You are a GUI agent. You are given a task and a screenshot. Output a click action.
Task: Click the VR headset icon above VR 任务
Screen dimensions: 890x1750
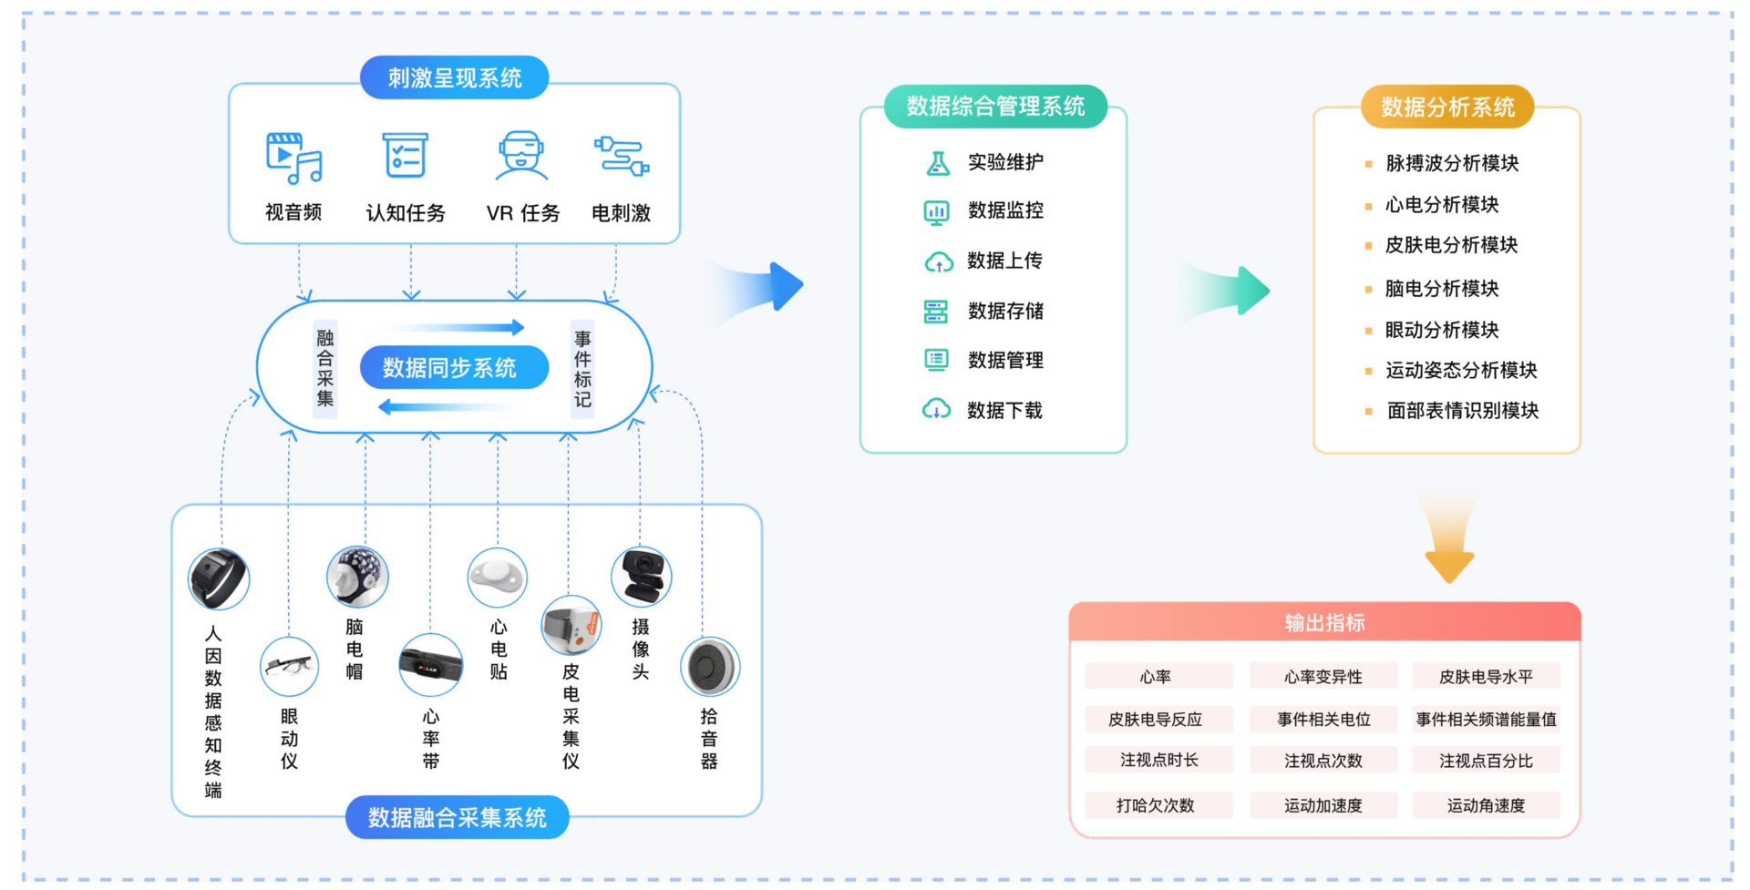(520, 156)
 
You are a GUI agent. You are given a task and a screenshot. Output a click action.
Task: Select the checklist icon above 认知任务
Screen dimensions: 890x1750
(405, 156)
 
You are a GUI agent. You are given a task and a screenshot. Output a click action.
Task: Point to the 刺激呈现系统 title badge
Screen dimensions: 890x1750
(454, 78)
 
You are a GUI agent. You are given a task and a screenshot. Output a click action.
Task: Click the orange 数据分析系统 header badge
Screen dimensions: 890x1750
(1446, 107)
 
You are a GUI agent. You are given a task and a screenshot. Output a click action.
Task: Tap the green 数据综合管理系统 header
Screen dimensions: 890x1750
(995, 107)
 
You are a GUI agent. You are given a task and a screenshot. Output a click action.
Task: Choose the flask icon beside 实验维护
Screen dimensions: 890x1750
(937, 163)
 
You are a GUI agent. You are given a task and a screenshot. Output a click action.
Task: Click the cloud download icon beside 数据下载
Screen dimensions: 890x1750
(936, 410)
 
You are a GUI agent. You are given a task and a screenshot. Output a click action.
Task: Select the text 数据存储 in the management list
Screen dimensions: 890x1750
(1005, 312)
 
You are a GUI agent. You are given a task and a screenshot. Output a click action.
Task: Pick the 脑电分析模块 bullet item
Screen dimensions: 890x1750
(1441, 289)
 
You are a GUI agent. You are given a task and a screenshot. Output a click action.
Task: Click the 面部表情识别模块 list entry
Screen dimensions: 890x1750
(1462, 411)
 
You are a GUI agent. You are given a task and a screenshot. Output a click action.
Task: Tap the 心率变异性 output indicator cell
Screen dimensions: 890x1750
(1323, 677)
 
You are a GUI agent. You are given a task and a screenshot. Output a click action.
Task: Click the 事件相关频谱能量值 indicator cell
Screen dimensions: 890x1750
(1486, 720)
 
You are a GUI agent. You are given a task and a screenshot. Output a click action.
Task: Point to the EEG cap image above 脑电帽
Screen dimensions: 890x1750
(357, 577)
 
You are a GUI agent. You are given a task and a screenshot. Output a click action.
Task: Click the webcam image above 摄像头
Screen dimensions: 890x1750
(642, 577)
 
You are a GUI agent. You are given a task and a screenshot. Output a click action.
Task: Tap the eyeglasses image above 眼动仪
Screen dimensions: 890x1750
(289, 667)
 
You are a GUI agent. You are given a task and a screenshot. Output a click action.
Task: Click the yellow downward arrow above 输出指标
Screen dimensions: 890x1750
(1448, 547)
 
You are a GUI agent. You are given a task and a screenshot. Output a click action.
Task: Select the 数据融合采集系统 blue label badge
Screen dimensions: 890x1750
(457, 818)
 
